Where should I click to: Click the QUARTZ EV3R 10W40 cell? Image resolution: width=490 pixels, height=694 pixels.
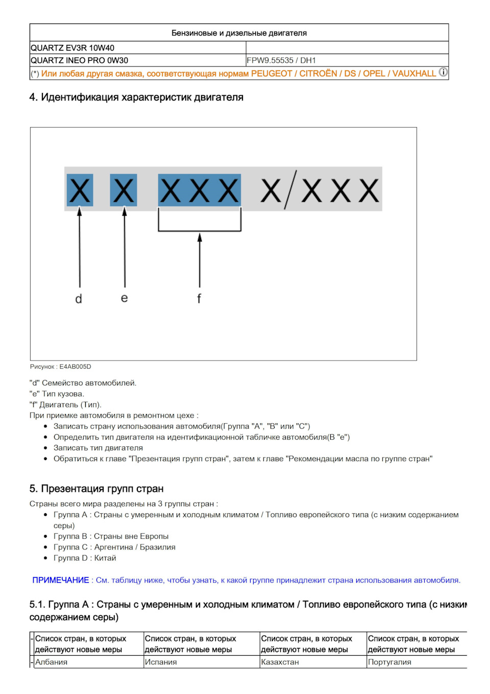(72, 48)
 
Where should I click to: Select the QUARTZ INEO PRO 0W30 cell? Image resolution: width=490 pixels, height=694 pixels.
(79, 60)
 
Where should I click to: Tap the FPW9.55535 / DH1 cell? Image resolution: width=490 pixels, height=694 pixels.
(281, 60)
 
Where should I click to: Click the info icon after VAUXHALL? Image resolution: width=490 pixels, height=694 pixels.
(443, 73)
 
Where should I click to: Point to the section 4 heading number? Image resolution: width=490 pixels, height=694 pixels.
(33, 97)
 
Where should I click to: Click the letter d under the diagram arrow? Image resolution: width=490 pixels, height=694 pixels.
(79, 299)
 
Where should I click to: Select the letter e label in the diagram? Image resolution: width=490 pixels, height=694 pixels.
(124, 298)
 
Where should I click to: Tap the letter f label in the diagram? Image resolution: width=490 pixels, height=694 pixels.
(199, 298)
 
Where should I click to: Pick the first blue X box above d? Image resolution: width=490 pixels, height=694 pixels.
(80, 190)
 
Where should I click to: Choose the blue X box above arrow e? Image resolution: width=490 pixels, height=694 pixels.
(124, 190)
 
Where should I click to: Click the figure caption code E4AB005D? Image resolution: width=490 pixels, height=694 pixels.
(75, 367)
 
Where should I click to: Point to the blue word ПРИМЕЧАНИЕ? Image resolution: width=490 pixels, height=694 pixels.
(60, 580)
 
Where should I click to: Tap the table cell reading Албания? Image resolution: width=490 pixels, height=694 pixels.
(51, 662)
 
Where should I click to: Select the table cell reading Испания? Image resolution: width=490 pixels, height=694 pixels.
(161, 662)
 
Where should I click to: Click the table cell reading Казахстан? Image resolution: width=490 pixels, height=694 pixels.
(280, 662)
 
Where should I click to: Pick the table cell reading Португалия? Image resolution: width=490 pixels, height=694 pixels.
(389, 662)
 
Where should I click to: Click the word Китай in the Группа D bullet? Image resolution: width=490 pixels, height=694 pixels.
(105, 558)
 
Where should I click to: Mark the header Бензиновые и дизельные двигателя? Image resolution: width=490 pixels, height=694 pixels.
(239, 33)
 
